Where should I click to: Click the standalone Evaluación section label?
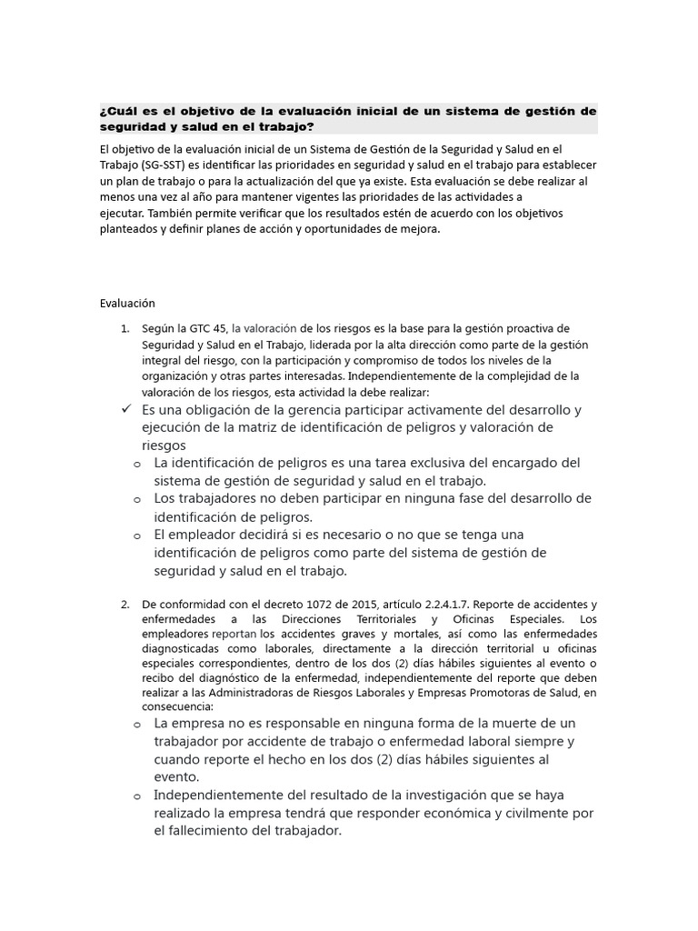click(x=127, y=304)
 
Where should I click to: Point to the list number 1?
click(x=125, y=328)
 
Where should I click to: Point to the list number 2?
click(x=125, y=605)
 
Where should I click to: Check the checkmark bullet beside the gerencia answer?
click(x=126, y=409)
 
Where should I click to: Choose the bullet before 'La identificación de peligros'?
click(x=137, y=464)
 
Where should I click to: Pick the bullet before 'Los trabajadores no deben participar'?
click(x=137, y=499)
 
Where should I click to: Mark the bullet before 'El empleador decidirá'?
click(x=137, y=535)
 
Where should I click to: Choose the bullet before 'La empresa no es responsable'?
click(x=137, y=724)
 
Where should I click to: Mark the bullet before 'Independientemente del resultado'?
click(x=137, y=796)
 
